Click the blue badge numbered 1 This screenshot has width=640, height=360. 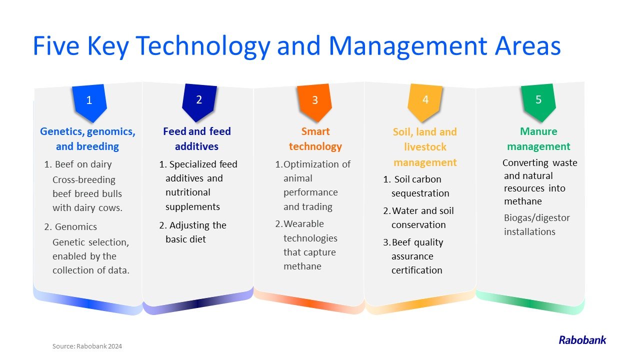pos(89,103)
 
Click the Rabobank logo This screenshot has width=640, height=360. pos(582,340)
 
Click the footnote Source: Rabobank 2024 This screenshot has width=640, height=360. pos(87,346)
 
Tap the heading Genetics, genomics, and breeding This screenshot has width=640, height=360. pos(87,139)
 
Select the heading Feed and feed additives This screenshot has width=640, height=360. pos(197,139)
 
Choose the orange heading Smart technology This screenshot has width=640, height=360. pos(315,139)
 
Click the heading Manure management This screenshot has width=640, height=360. pos(538,139)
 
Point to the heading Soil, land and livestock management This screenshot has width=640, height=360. pos(425,147)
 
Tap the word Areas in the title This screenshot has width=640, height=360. pos(528,45)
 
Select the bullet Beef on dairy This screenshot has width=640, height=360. pos(77,164)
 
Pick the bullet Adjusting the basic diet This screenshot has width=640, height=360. pos(193,232)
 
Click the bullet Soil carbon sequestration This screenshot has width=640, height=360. pos(416,186)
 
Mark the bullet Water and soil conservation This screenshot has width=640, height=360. pos(418,217)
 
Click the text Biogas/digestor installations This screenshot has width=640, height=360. pos(537,224)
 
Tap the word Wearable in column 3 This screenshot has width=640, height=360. pos(303,223)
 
